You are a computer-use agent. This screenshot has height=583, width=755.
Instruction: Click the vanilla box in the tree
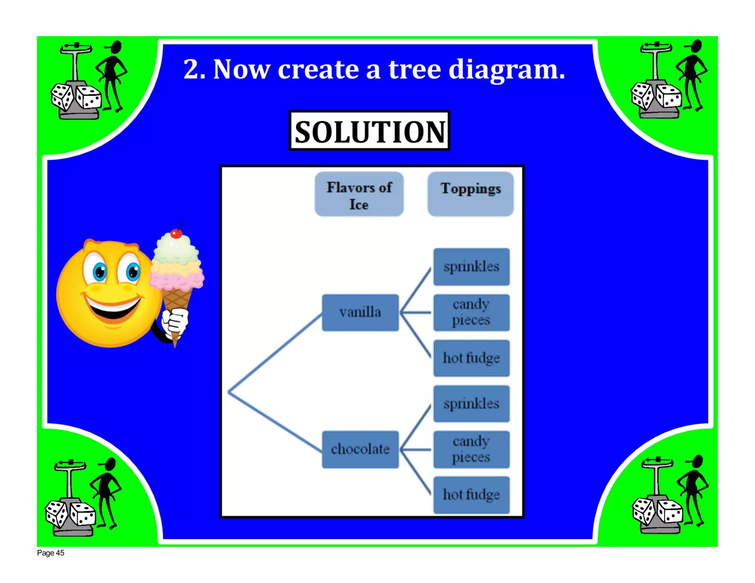(x=360, y=312)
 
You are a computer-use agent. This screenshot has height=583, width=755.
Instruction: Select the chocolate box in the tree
(x=360, y=449)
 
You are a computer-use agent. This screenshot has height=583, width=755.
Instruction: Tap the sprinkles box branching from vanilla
(x=471, y=266)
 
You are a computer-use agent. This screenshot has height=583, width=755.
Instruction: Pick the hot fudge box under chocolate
(x=471, y=495)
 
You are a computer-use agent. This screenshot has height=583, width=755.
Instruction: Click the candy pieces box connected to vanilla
(x=471, y=312)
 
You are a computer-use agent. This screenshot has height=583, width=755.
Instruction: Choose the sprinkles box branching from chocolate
(x=471, y=404)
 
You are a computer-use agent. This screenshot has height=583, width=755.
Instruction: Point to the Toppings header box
(x=470, y=193)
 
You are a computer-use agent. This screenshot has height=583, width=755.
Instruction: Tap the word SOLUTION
(x=369, y=131)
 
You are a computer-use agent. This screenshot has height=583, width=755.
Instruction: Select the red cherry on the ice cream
(x=176, y=233)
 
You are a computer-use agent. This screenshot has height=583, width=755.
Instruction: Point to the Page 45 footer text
(x=51, y=553)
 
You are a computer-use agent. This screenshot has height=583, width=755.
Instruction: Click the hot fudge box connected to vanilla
(x=471, y=358)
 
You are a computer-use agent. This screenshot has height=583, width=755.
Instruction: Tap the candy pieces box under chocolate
(x=471, y=449)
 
